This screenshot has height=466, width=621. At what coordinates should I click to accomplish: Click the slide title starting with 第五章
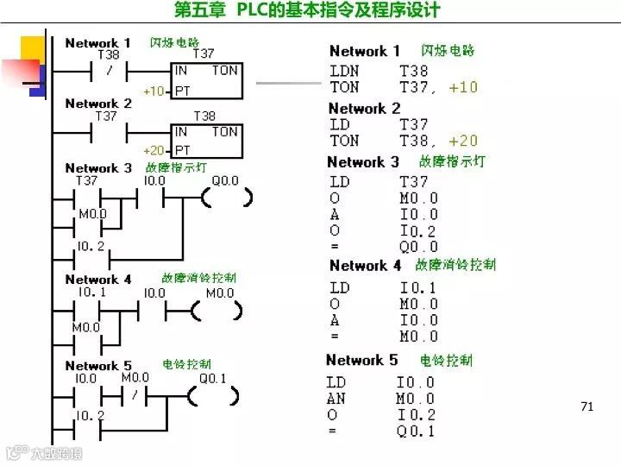click(307, 10)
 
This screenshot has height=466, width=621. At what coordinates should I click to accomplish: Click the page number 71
click(587, 406)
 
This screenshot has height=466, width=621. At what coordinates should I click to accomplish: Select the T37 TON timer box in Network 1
click(206, 80)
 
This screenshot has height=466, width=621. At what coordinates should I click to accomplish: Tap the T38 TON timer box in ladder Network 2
click(206, 141)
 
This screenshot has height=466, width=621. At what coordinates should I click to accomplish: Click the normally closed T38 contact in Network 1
click(110, 72)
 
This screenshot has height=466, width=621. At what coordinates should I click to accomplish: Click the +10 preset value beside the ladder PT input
click(154, 91)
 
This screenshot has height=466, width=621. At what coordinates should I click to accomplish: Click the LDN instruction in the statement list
click(345, 71)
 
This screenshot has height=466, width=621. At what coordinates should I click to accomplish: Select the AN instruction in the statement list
click(336, 399)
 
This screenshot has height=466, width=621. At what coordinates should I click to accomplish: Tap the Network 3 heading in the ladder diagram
click(98, 167)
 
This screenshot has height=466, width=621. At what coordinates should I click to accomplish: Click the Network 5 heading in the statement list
click(361, 360)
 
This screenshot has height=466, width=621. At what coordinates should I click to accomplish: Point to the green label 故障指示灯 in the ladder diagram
click(176, 166)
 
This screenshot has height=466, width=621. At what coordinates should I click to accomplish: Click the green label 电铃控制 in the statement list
click(446, 360)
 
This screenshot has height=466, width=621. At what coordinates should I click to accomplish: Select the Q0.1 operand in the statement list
click(416, 431)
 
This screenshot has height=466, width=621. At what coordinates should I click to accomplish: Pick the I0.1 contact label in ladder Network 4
click(91, 293)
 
